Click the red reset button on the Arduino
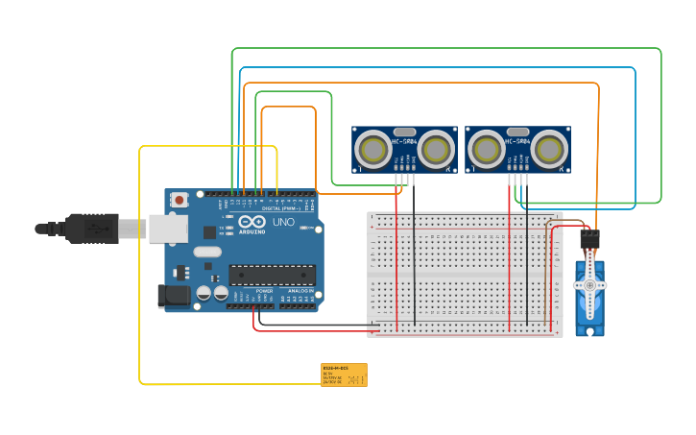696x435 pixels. coord(180,200)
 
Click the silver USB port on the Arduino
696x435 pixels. coord(167,228)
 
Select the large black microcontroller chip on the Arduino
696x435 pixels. coord(272,275)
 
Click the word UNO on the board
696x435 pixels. coord(283,222)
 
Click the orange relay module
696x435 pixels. coord(344,375)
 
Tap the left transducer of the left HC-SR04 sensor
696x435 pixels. coord(372,150)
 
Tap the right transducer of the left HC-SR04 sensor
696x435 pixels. coord(436,150)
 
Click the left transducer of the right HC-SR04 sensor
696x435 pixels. coord(486,150)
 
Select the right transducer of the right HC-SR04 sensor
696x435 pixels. coord(549,150)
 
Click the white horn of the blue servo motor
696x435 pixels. coord(589,285)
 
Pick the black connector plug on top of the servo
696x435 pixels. coord(589,239)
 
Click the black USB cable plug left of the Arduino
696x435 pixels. coord(91,229)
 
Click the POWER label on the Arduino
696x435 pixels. coord(264,290)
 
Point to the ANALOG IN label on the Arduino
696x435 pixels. coord(300,290)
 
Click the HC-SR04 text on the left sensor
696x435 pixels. coord(404,142)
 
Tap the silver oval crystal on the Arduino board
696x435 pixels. coord(206,252)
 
